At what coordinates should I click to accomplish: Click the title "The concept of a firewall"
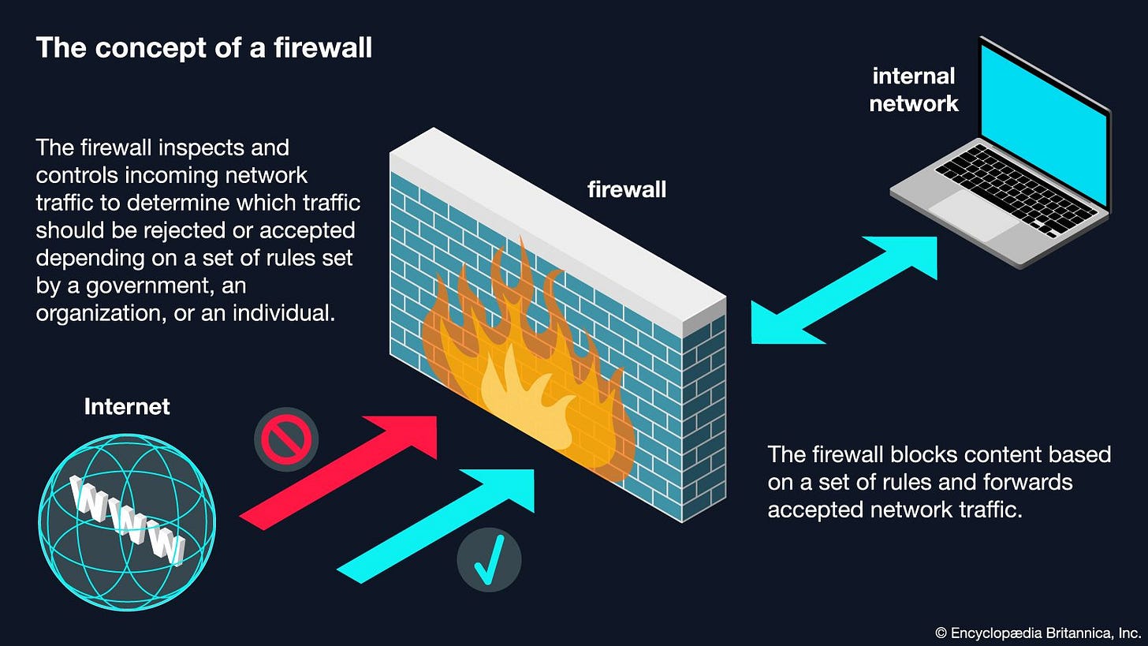point(204,48)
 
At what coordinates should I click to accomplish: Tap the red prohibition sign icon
point(286,439)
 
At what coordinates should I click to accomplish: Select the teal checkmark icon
point(489,560)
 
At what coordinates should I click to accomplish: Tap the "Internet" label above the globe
point(127,406)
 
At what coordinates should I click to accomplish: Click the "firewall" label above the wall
point(627,189)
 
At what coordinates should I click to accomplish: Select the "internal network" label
point(914,89)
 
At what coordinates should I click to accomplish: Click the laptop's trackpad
point(975,212)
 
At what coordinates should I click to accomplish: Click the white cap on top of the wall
point(552,221)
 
